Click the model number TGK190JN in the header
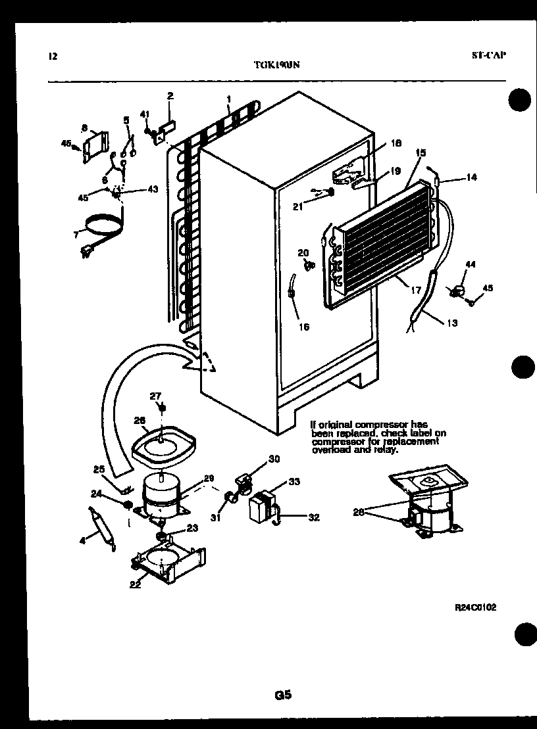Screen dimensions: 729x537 [277, 64]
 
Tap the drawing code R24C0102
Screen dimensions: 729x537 [475, 607]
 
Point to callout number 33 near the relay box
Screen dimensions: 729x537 [294, 481]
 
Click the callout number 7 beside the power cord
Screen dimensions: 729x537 [76, 233]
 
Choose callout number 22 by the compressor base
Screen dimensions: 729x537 [135, 584]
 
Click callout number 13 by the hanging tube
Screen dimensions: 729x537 [451, 323]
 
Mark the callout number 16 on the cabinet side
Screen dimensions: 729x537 [303, 327]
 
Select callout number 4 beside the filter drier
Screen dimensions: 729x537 [82, 541]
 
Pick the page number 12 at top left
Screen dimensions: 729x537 [53, 56]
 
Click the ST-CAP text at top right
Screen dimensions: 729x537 [488, 55]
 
